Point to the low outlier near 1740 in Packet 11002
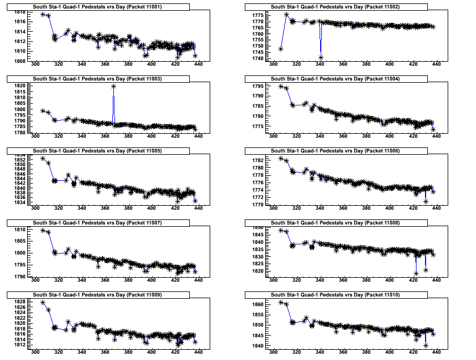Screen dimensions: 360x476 coord(321,57)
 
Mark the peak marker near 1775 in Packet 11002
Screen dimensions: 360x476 coord(287,15)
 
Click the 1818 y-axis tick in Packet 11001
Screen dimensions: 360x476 coord(19,12)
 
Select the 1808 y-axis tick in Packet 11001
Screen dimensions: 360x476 coord(19,61)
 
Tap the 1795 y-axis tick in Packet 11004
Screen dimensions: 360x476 coord(256,86)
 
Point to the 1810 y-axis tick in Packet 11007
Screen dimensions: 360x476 coord(19,230)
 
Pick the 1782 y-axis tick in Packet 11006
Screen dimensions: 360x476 coord(256,161)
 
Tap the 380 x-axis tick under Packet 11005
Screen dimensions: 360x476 coord(129,208)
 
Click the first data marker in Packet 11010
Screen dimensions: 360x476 coord(281,302)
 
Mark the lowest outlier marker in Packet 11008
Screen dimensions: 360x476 coord(416,274)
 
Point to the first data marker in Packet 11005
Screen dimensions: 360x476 coord(43,158)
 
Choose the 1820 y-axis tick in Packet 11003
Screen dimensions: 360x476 coord(19,86)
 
